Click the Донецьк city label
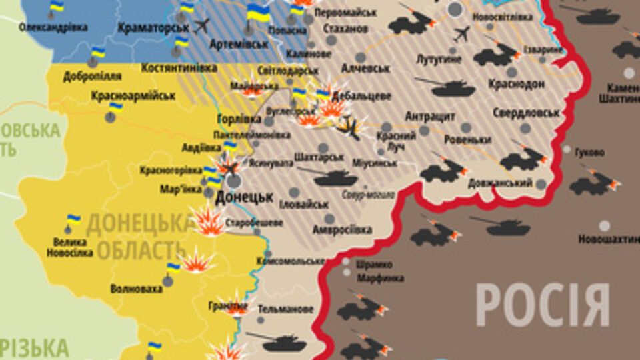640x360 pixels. point(244,197)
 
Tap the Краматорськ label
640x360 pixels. point(153,27)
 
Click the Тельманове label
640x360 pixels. point(286,309)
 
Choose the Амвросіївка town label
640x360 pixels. point(343,229)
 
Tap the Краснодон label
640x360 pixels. point(516,84)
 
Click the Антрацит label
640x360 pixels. point(430,117)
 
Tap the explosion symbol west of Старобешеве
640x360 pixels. point(209,221)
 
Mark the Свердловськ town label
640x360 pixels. point(526,113)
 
